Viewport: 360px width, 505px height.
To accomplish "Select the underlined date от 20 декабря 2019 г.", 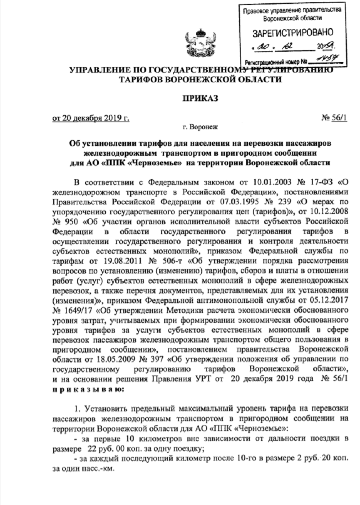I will click(x=91, y=118).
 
